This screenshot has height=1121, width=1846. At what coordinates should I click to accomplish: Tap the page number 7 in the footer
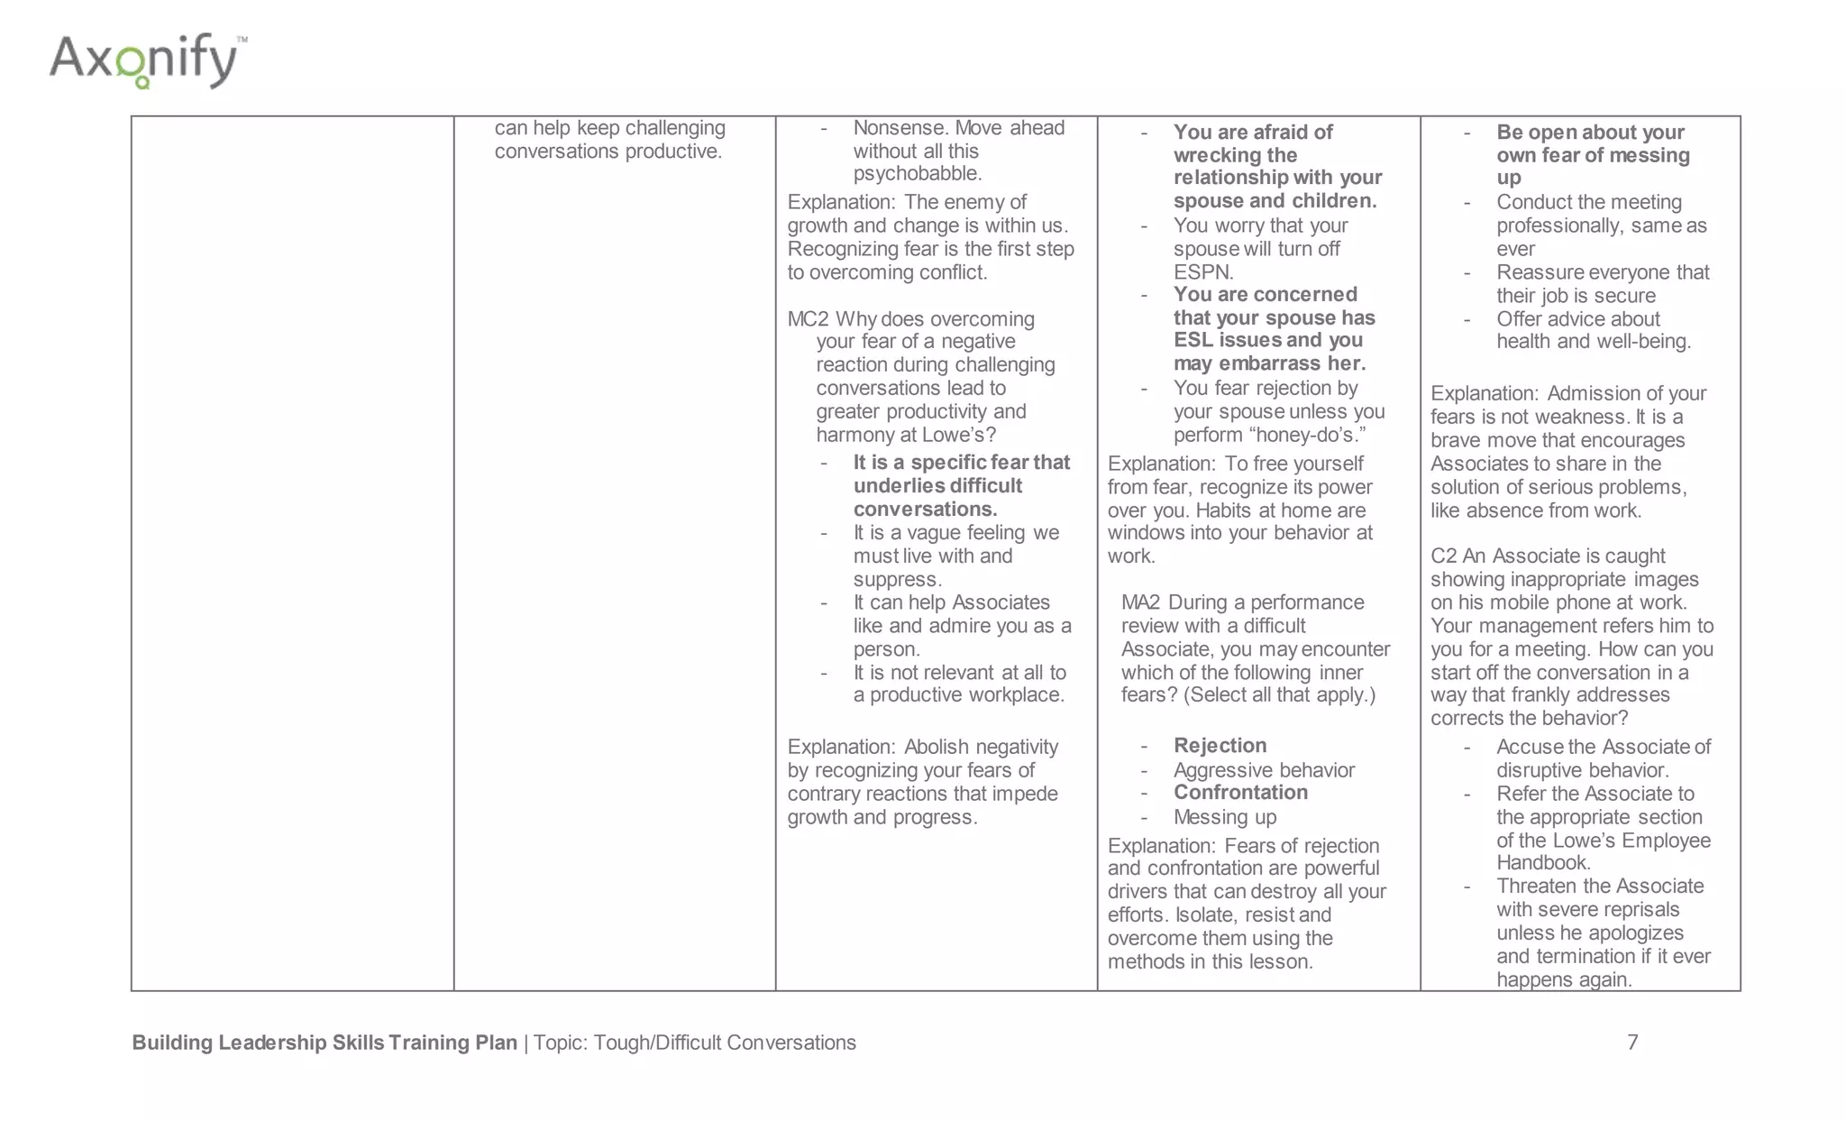coord(1632,1043)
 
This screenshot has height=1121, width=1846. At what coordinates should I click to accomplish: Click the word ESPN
coord(1202,272)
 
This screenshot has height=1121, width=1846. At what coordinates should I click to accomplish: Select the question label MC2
coord(808,319)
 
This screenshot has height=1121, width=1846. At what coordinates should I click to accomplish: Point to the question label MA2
coord(1140,602)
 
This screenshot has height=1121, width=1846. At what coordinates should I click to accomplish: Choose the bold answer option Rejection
coord(1220,746)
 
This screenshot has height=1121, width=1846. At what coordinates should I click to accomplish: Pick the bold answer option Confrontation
coord(1240,793)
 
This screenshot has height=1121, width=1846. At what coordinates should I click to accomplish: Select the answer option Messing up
coord(1225,817)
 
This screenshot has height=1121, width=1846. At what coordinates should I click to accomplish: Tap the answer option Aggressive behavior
coord(1264,770)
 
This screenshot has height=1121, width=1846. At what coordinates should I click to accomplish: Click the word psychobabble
coord(917,173)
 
